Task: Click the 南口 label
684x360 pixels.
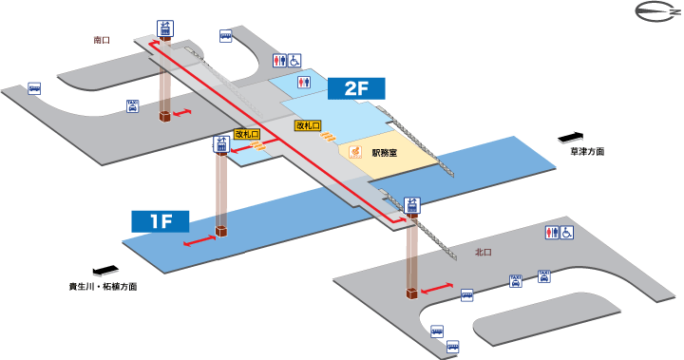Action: point(103,41)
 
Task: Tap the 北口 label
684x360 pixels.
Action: point(484,253)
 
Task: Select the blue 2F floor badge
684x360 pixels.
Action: point(354,90)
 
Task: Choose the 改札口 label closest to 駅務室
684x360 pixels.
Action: point(307,125)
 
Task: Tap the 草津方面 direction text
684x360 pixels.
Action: point(587,152)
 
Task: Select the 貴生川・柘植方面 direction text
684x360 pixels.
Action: point(103,286)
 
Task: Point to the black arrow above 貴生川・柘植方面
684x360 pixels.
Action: point(104,270)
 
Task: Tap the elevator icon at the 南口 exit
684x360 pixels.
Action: point(165,28)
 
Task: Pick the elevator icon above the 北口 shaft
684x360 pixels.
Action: point(412,205)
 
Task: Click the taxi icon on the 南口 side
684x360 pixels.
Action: point(133,106)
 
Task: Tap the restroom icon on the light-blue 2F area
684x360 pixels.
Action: point(303,82)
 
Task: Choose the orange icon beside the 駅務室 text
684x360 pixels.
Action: point(358,151)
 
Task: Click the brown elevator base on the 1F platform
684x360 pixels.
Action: point(221,232)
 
